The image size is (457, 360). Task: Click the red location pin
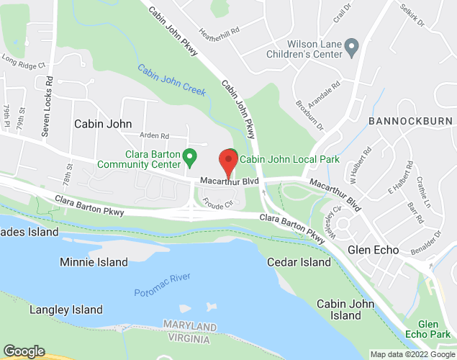[x=229, y=162]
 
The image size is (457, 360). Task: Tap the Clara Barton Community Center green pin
[x=190, y=156]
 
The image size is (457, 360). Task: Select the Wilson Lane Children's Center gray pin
[x=352, y=48]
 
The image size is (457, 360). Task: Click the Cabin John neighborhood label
[x=103, y=124]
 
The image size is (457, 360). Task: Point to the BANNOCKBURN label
[x=410, y=121]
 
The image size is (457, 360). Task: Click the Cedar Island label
[x=299, y=262]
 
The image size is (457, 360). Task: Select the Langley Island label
[x=66, y=310]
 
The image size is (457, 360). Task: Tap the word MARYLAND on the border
[x=190, y=326]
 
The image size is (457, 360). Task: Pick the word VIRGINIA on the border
[x=190, y=338]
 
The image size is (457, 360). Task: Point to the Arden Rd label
[x=154, y=135]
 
